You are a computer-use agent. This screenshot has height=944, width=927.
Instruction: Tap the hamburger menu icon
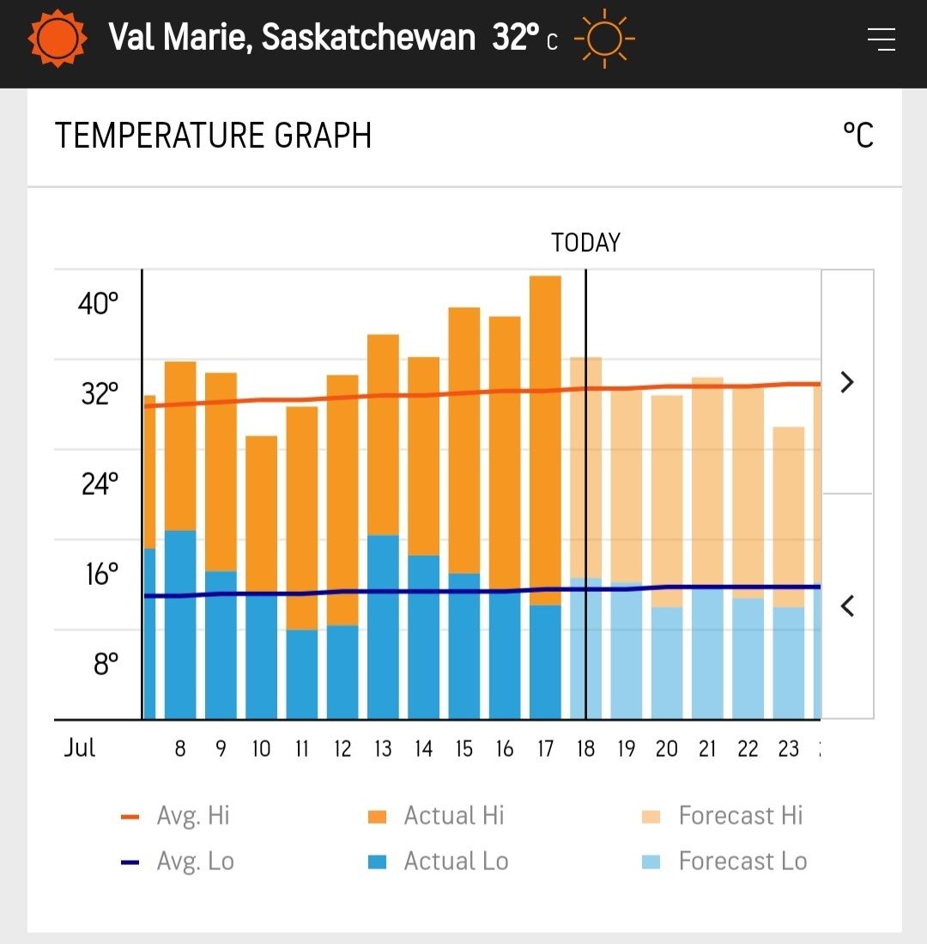point(881,40)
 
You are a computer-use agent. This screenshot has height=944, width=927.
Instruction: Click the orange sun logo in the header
point(58,39)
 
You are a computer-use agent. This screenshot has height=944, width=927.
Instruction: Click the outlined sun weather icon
point(604,39)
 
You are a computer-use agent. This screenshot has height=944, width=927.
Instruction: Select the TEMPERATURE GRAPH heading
point(213,136)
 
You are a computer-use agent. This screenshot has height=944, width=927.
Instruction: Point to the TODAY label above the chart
point(585,243)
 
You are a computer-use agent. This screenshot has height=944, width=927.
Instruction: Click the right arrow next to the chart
point(847,381)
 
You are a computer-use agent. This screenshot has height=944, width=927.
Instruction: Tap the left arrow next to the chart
point(847,606)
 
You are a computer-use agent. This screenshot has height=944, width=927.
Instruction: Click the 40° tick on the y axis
point(99,303)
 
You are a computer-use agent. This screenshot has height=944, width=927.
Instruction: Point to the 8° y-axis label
point(106,664)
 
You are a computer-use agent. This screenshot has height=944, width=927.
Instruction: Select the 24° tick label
point(100,484)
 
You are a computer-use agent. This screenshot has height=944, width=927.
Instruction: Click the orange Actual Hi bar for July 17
point(545,438)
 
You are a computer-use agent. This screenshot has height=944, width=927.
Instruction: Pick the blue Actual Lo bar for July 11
point(302,674)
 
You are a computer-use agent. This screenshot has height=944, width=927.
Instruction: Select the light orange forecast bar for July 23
point(788,515)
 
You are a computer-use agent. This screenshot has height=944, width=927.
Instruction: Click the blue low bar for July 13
point(383,627)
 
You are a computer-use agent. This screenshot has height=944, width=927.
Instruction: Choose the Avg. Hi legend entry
point(176,815)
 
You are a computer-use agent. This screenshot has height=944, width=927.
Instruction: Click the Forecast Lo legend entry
point(724,861)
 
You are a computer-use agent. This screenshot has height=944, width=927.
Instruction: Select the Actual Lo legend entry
point(438,861)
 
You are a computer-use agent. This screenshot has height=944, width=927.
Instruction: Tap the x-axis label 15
point(464,749)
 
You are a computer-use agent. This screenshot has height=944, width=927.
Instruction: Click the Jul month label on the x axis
point(80,747)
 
